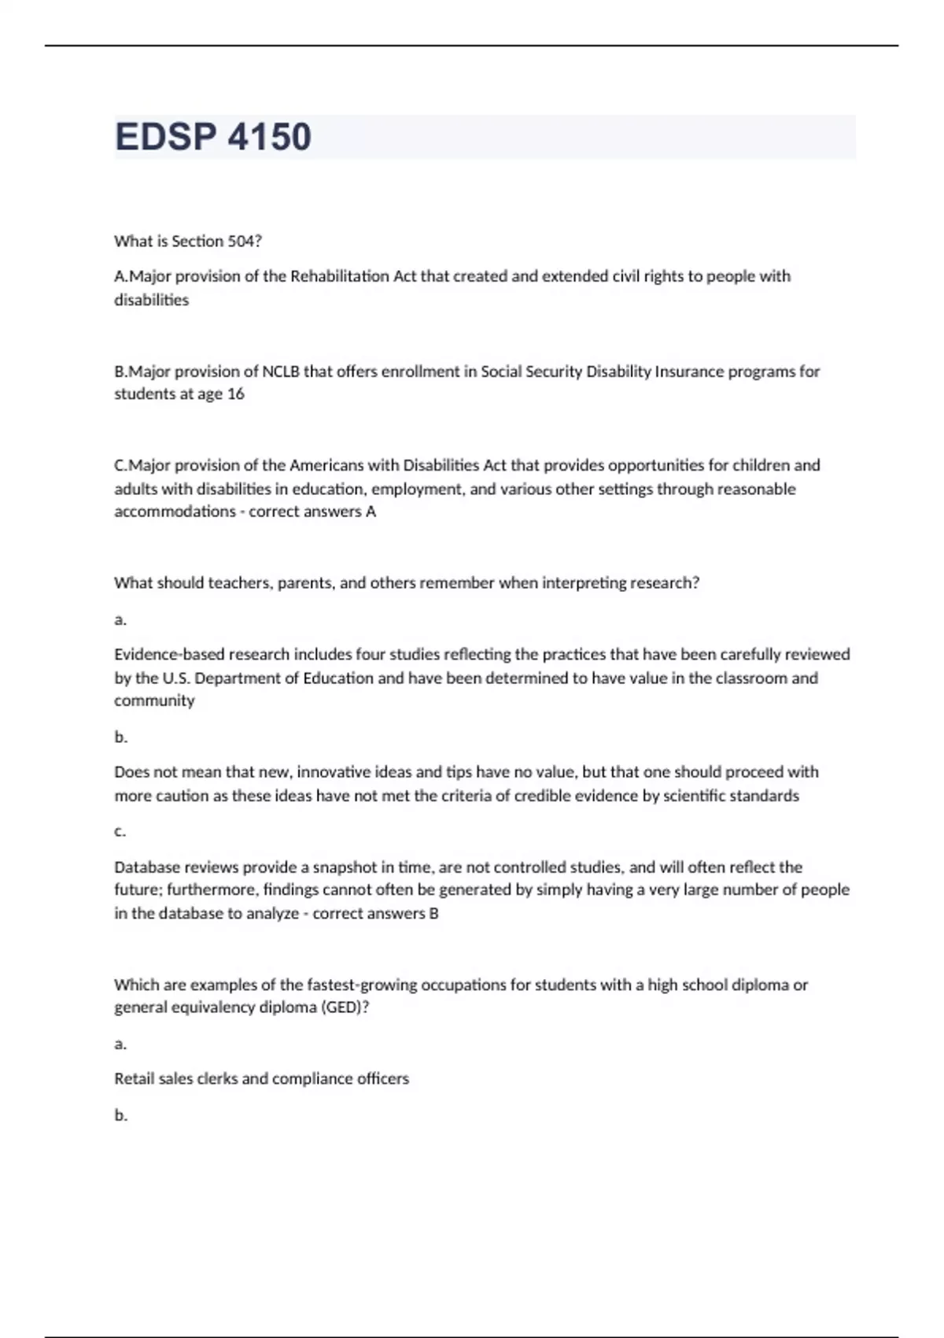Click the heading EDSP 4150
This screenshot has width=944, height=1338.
(x=213, y=137)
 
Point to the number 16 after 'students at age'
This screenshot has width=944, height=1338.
(x=235, y=394)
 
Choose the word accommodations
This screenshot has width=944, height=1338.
(x=175, y=512)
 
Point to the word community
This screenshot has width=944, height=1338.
(x=154, y=701)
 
